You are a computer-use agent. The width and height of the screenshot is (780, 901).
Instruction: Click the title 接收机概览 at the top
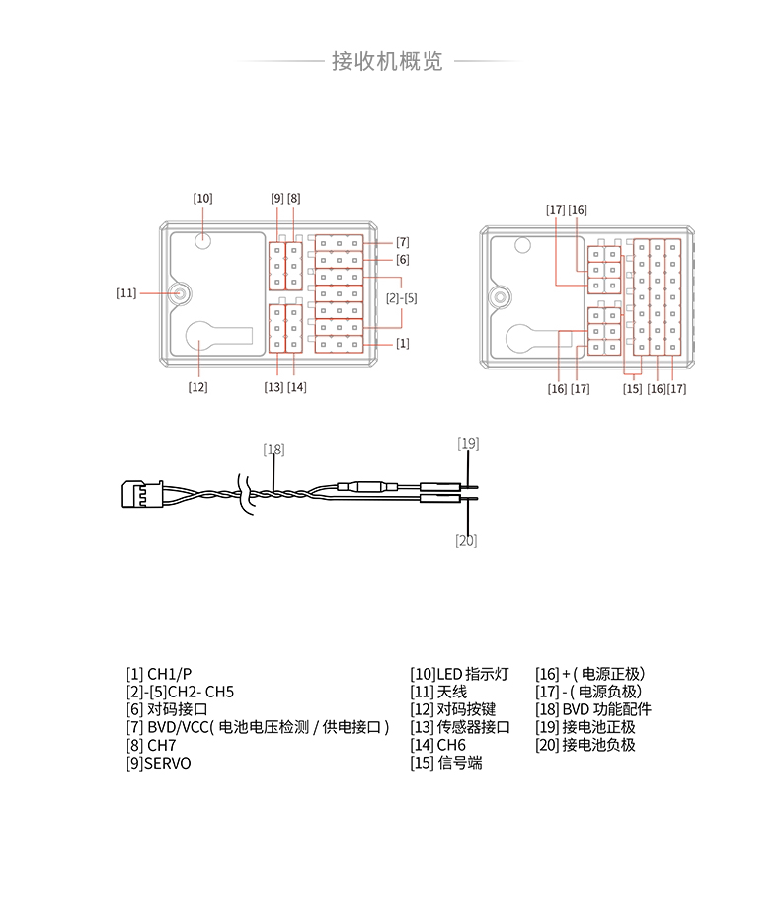click(x=387, y=62)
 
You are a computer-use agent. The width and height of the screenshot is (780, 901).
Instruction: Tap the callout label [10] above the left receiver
click(x=202, y=198)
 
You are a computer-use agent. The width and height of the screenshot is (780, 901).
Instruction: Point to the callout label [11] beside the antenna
click(x=126, y=292)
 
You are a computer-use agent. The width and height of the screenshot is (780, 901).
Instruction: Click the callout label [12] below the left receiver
click(x=198, y=386)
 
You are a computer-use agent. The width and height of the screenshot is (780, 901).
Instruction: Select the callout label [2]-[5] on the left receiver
click(x=401, y=297)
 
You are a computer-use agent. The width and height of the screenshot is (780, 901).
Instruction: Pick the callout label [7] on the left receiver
click(x=402, y=242)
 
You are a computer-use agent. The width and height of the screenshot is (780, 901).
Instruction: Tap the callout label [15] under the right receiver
click(x=632, y=388)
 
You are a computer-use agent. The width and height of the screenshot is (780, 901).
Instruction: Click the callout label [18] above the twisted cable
click(x=273, y=449)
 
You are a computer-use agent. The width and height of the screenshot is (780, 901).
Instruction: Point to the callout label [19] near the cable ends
click(x=468, y=443)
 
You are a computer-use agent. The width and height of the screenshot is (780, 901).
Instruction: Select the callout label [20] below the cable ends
click(x=466, y=539)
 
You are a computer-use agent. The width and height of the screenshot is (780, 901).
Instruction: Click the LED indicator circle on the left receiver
click(x=202, y=239)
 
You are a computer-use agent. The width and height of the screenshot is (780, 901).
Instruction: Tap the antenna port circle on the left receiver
click(x=181, y=293)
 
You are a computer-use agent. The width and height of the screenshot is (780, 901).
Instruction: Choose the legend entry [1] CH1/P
click(x=159, y=674)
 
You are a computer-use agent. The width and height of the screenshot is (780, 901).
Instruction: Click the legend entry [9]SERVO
click(x=159, y=763)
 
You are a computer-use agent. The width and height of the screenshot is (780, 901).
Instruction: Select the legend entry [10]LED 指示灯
click(x=459, y=674)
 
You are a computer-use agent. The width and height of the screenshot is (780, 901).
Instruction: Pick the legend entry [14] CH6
click(x=437, y=745)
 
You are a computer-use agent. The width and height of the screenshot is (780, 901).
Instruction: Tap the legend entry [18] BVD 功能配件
click(x=593, y=709)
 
